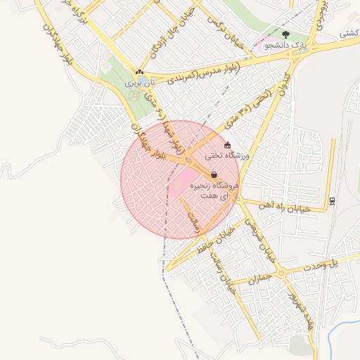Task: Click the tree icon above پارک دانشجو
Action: click(285, 34)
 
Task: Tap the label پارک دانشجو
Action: click(285, 46)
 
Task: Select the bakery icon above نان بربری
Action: click(139, 72)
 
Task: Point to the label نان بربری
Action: click(139, 83)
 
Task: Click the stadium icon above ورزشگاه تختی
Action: click(227, 145)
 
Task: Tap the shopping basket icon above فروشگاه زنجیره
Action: click(214, 174)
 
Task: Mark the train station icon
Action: click(332, 200)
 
